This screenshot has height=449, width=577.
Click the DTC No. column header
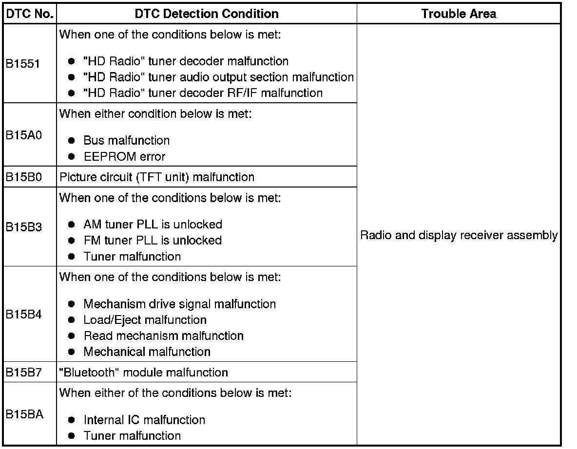(30, 14)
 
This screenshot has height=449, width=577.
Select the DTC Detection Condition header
(207, 14)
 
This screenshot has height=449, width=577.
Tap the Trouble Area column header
(459, 14)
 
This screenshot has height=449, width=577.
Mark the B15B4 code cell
(24, 314)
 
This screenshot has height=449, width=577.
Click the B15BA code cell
(24, 414)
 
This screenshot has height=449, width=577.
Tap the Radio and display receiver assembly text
(459, 236)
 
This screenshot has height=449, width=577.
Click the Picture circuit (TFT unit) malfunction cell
(157, 177)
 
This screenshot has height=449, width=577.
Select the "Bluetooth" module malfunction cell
(144, 373)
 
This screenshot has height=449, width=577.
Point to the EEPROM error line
(124, 157)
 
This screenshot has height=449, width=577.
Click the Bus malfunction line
(127, 141)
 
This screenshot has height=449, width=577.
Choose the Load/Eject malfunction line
(145, 320)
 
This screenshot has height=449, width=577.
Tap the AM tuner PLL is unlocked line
(153, 224)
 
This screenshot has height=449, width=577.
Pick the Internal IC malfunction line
(144, 420)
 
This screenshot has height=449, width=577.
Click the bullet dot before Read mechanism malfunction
(72, 336)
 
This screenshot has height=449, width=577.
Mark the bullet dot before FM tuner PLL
(72, 241)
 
